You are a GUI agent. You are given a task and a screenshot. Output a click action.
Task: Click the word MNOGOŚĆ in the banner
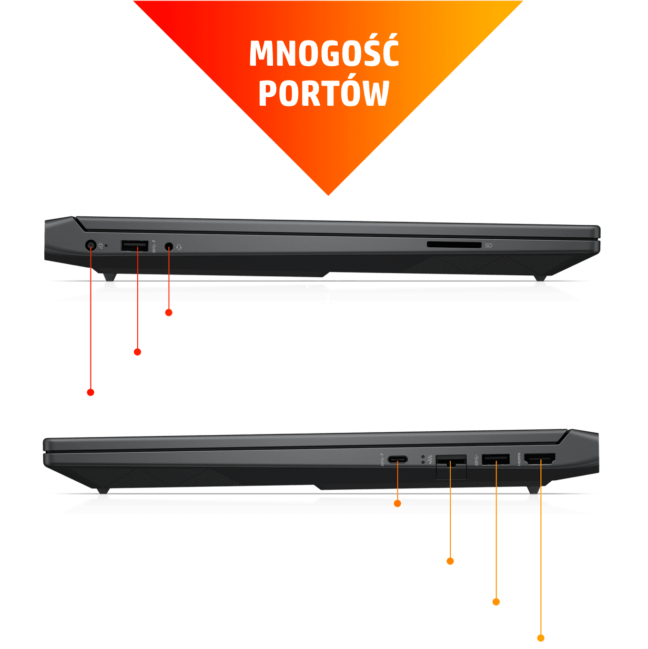[324, 51]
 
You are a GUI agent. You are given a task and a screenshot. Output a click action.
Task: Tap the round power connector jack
[90, 245]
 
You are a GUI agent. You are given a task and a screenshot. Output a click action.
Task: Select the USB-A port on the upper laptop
[135, 246]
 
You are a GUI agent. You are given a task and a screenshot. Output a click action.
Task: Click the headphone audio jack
[169, 246]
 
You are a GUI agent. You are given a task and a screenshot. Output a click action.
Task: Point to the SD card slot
[454, 245]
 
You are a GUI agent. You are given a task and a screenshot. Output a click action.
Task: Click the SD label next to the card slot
[488, 245]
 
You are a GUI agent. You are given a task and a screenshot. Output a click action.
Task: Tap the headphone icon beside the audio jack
[179, 247]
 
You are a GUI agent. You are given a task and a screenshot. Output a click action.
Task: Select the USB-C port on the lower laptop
[397, 459]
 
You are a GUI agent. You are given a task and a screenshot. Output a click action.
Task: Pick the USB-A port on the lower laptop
[496, 459]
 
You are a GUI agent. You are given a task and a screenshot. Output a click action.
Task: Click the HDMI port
[540, 459]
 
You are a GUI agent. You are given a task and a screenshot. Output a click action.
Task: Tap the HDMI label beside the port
[519, 459]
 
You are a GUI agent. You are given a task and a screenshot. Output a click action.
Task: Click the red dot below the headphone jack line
[169, 313]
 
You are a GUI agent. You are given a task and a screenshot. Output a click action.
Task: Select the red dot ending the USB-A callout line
[137, 352]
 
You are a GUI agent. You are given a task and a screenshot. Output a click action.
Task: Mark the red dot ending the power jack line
[90, 392]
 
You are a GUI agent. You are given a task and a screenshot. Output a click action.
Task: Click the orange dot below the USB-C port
[397, 504]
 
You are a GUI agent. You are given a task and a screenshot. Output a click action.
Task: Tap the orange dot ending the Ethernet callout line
[450, 561]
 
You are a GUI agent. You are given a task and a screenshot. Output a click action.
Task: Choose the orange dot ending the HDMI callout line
[541, 638]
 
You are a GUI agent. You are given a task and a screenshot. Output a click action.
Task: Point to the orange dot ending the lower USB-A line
[496, 602]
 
